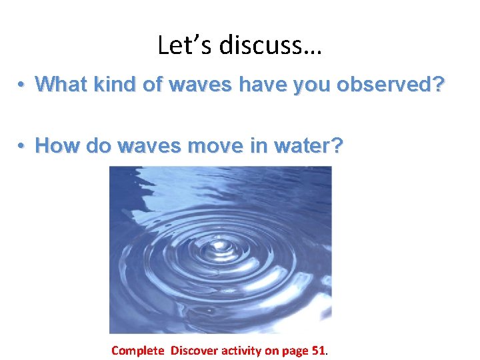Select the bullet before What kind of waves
[x=22, y=85]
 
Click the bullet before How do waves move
[x=22, y=146]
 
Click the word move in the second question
[x=215, y=145]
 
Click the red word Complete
[x=137, y=350]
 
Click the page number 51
[x=319, y=350]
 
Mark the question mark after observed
[x=437, y=84]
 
